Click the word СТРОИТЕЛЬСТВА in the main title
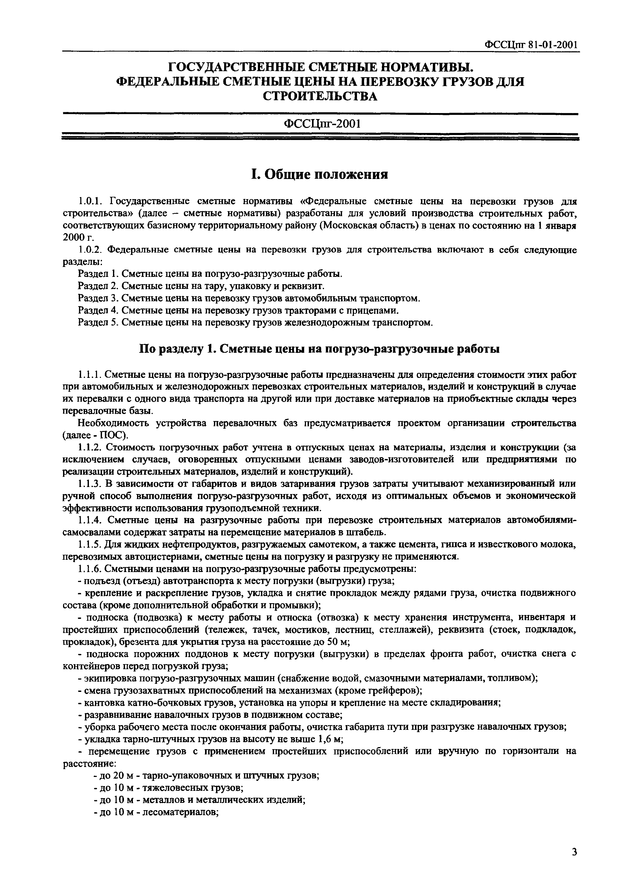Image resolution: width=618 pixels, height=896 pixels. click(320, 96)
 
